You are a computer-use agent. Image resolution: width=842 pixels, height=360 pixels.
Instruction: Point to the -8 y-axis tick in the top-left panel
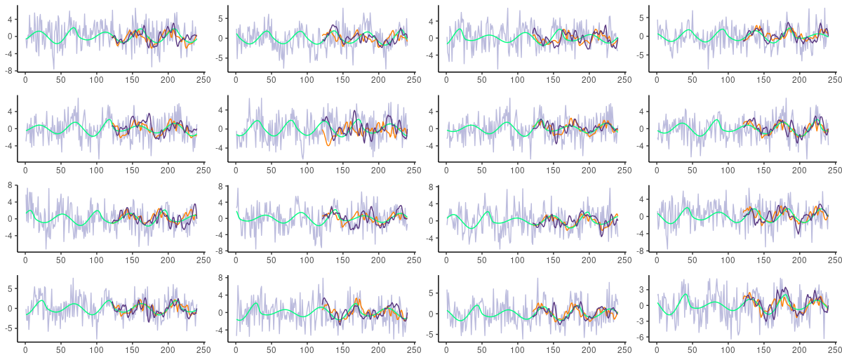11,71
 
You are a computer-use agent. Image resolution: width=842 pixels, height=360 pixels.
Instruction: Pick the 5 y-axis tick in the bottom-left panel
11,288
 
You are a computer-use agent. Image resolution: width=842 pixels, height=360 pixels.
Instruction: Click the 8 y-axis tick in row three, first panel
11,185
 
